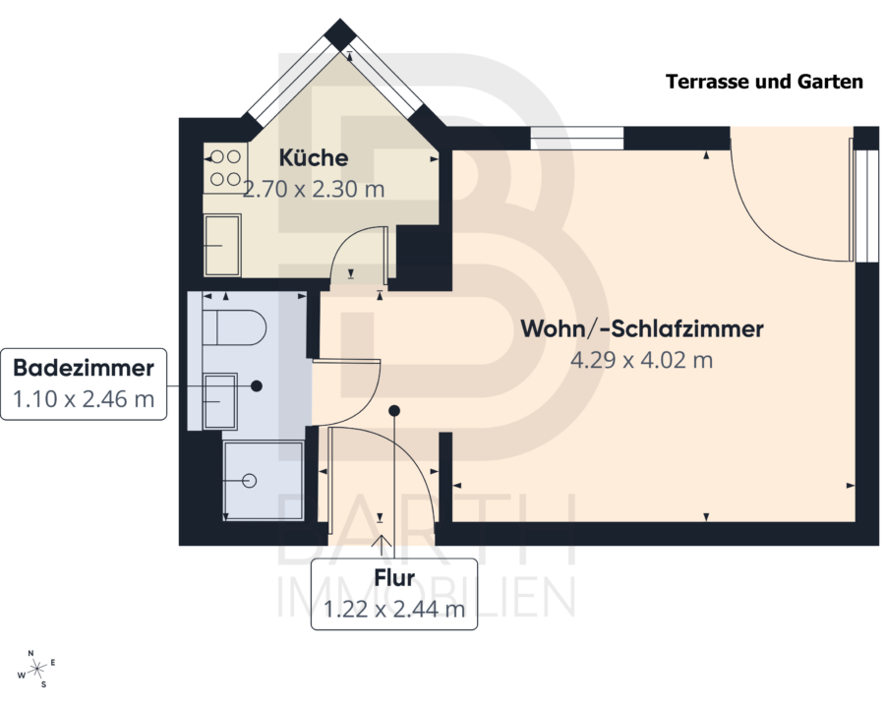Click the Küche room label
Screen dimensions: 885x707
point(314,158)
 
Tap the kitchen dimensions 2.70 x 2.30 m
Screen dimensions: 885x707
point(314,189)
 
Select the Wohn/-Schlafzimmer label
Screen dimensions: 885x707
point(642,329)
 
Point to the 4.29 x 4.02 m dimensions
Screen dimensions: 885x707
point(642,360)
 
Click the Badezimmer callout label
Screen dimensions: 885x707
point(84,368)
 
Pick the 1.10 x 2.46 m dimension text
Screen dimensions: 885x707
point(84,399)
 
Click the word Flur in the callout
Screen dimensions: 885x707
point(394,578)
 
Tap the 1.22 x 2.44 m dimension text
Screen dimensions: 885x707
point(394,609)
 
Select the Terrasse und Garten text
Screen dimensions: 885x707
point(764,82)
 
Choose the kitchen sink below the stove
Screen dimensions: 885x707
point(222,245)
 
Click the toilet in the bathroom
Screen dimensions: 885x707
point(234,327)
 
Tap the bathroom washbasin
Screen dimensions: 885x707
point(219,401)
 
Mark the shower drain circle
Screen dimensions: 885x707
point(249,481)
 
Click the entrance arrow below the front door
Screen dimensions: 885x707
point(382,545)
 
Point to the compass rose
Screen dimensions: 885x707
point(37,670)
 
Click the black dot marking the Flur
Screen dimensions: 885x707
point(394,411)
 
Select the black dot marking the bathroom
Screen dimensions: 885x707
point(257,385)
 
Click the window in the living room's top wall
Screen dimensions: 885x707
point(577,139)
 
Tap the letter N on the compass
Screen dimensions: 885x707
point(31,653)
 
